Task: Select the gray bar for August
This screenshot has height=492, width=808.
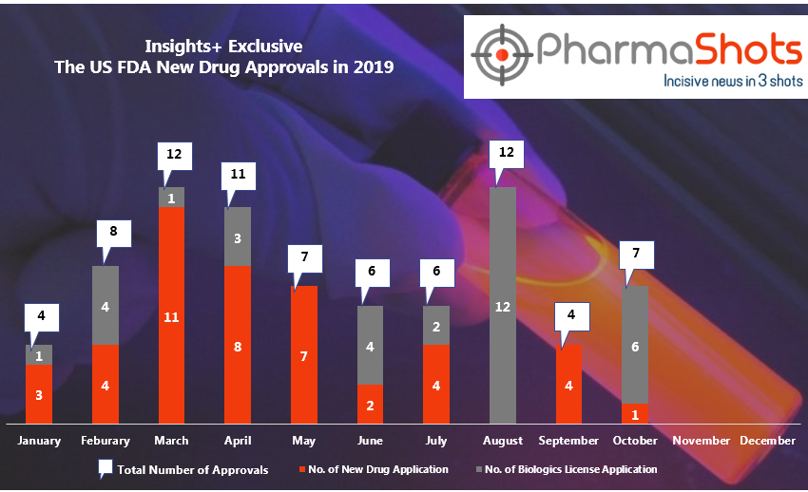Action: pos(503,305)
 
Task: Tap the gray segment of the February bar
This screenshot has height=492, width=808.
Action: pos(106,305)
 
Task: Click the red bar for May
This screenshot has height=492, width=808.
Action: pos(303,354)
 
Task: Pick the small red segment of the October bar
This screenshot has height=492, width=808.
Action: pos(635,413)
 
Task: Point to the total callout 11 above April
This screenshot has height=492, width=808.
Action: pos(237,174)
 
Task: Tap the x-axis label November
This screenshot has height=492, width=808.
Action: pos(701,441)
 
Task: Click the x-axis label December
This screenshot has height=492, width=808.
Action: pos(767,441)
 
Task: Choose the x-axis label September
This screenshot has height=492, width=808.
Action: pos(568,441)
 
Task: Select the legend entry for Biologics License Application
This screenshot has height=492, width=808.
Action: pos(570,469)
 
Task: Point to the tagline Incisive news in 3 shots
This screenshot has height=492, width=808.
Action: pos(732,82)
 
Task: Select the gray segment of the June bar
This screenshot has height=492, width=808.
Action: pos(370,345)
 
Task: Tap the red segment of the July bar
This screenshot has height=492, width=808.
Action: pos(436,384)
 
